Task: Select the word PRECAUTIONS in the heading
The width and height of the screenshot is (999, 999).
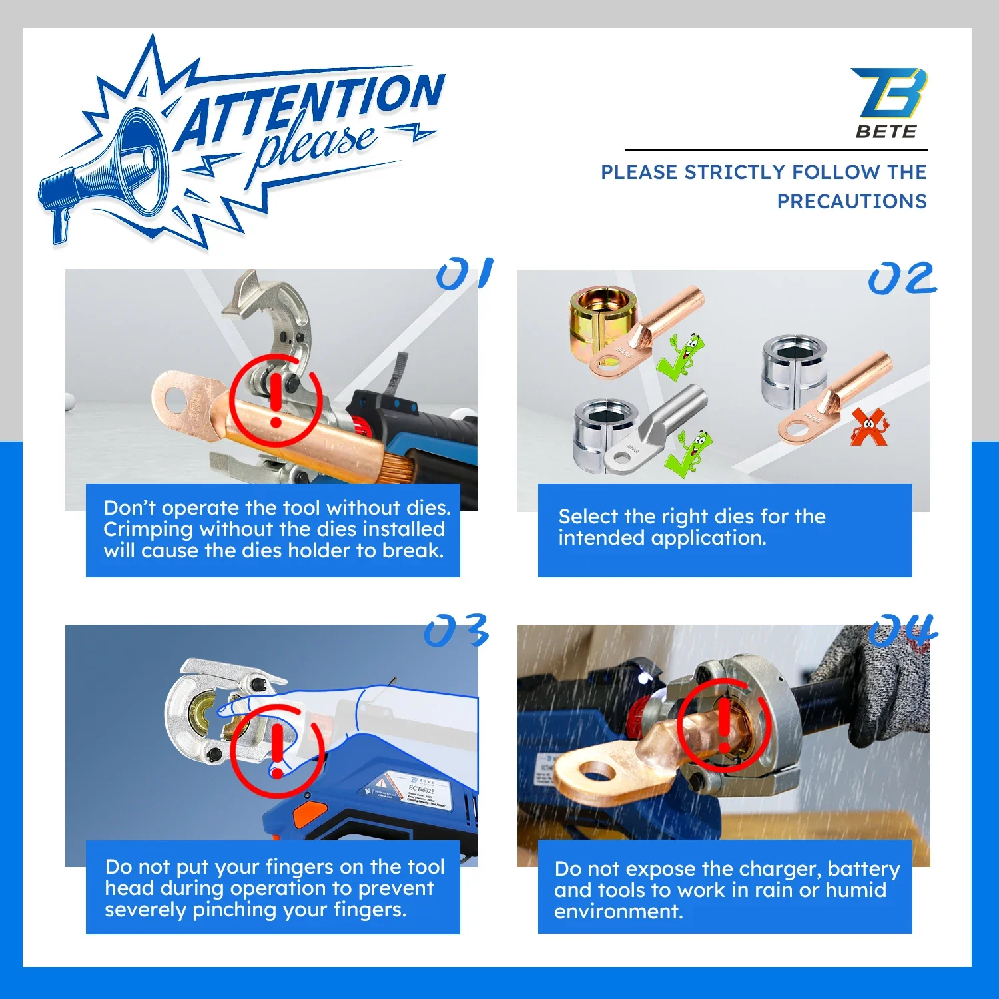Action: (851, 202)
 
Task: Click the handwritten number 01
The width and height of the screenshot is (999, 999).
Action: (464, 274)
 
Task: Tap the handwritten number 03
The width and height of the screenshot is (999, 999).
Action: (456, 630)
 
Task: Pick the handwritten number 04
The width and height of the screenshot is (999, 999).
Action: (902, 630)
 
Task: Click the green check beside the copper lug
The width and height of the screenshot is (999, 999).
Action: (681, 357)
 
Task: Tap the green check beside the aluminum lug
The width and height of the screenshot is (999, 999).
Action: (693, 453)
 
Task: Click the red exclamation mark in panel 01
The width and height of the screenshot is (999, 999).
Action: (276, 400)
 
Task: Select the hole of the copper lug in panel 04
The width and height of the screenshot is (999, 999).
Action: (597, 773)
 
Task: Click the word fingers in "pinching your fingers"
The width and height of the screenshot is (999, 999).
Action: (369, 910)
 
